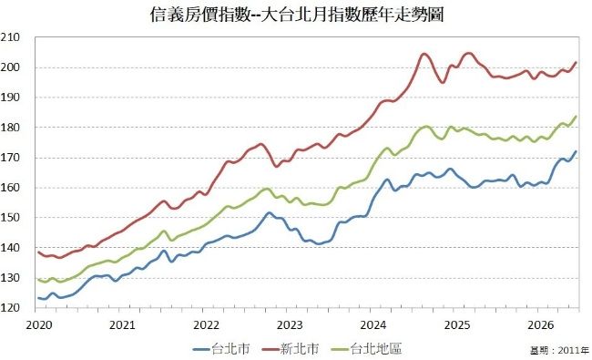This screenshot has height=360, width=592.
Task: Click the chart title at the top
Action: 296,15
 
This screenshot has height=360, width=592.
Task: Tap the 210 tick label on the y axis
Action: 10,37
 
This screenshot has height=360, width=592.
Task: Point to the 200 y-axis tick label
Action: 10,67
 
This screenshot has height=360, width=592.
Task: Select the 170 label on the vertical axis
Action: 10,158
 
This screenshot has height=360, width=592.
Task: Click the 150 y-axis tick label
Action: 10,218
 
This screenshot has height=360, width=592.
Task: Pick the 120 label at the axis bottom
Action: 10,308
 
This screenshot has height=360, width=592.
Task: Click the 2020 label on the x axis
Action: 39,324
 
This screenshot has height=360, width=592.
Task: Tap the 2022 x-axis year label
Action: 206,324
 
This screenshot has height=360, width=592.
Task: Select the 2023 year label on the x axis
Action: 290,324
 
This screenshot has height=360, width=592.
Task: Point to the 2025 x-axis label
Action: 457,324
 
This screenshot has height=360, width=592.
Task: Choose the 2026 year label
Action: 541,324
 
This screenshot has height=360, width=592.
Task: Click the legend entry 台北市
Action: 221,348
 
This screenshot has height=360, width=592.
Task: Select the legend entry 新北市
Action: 291,348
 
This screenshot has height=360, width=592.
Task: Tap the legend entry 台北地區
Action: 366,348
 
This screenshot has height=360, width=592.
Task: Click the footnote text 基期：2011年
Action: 560,350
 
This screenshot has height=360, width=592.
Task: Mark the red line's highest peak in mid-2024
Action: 424,54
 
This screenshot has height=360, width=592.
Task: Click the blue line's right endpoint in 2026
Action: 576,151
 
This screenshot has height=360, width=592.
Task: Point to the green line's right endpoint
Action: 576,117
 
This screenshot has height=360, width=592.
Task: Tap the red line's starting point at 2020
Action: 38,252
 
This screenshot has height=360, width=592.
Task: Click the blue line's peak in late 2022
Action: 269,212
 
